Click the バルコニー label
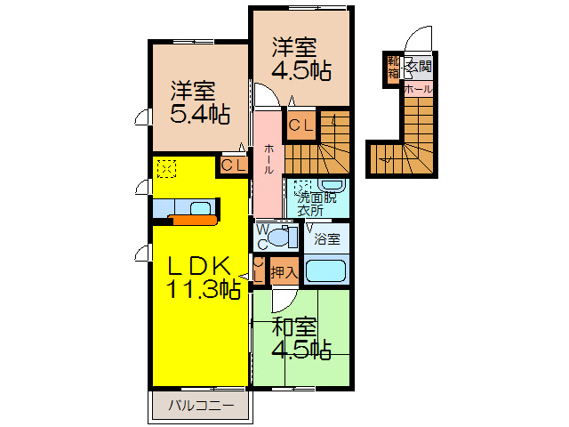(x=202, y=407)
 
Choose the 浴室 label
(x=327, y=238)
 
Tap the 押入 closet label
(x=284, y=271)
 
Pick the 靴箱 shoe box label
(x=393, y=68)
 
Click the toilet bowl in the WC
(x=284, y=237)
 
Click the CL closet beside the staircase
(x=298, y=126)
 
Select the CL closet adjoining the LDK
(x=233, y=165)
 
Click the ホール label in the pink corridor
(x=268, y=160)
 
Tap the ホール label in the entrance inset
(x=418, y=89)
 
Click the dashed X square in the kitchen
(x=166, y=166)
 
